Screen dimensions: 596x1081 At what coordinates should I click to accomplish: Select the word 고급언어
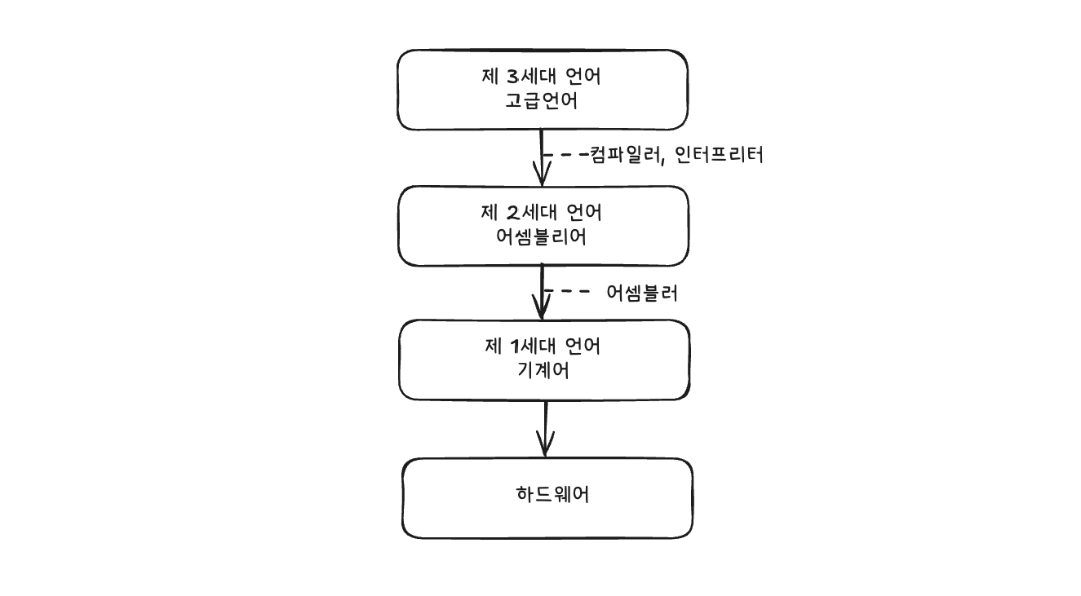[542, 103]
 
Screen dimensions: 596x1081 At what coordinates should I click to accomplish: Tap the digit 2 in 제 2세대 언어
[512, 214]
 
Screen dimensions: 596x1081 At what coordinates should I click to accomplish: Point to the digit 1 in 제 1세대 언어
[514, 347]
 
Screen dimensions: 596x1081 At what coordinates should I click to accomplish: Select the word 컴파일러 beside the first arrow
[619, 156]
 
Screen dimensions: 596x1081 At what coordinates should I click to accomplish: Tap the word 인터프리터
[719, 156]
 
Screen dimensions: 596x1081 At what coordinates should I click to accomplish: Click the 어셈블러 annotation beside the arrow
[642, 294]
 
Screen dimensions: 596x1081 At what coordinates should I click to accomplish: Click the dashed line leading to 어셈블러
[568, 292]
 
